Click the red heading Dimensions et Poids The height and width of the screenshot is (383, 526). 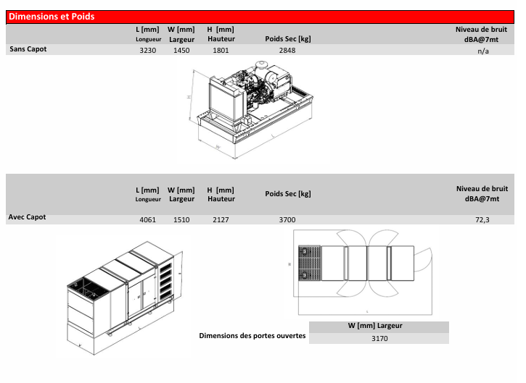click(x=52, y=17)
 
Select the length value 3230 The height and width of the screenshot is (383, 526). click(x=147, y=50)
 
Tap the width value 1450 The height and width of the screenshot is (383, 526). click(x=181, y=50)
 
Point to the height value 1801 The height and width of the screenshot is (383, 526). click(x=221, y=50)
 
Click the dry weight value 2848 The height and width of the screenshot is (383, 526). click(x=287, y=50)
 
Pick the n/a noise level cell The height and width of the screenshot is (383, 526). click(x=483, y=51)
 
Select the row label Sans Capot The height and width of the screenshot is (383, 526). click(x=28, y=49)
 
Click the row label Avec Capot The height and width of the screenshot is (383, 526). click(x=27, y=217)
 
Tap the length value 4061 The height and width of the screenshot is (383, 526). click(x=147, y=219)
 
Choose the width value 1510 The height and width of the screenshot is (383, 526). click(x=181, y=219)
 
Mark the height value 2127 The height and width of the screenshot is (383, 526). click(x=221, y=219)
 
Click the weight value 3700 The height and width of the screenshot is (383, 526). click(x=287, y=219)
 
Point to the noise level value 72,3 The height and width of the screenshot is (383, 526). click(x=482, y=219)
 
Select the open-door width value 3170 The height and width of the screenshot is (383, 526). click(x=379, y=338)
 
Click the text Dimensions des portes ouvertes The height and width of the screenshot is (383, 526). click(x=252, y=335)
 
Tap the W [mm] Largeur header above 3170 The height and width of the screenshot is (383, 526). click(x=375, y=326)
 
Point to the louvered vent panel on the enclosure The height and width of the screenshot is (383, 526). click(x=165, y=281)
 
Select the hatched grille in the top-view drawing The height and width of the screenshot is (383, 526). click(x=310, y=263)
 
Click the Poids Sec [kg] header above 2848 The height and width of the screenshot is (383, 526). click(x=288, y=39)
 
